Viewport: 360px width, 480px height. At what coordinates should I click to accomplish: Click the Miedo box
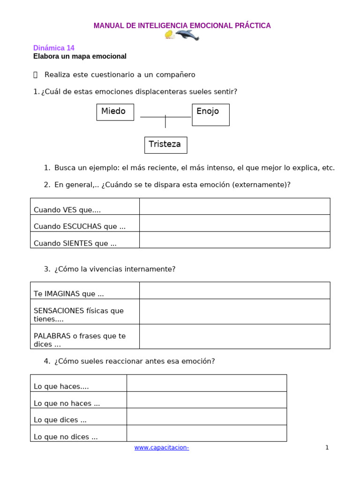click(x=115, y=112)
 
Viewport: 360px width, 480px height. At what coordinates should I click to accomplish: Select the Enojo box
click(x=210, y=114)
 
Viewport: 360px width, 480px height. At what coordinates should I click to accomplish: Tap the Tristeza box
click(x=165, y=145)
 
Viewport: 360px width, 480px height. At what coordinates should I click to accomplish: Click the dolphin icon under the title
click(x=187, y=35)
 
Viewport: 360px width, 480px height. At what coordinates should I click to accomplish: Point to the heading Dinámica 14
click(x=53, y=48)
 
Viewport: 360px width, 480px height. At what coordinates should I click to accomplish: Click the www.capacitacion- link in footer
click(x=161, y=448)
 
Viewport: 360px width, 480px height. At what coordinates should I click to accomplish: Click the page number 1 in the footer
click(x=327, y=448)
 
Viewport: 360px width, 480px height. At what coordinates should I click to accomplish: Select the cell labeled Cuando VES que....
click(x=67, y=210)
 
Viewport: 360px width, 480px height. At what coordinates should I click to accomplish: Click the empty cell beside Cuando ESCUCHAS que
click(x=234, y=223)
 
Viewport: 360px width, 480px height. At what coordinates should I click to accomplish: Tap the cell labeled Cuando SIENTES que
click(x=75, y=243)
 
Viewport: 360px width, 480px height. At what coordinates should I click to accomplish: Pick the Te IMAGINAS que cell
click(x=68, y=294)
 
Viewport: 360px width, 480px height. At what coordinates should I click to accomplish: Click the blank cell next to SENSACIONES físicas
click(x=234, y=312)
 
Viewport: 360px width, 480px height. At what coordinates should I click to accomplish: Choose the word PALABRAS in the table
click(x=51, y=336)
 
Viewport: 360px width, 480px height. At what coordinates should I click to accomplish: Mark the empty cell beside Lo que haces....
click(x=206, y=383)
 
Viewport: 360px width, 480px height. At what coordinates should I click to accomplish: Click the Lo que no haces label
click(x=67, y=403)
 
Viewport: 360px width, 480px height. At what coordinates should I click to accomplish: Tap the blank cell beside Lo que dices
click(x=206, y=416)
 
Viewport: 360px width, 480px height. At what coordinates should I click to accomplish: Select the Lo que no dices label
click(x=66, y=437)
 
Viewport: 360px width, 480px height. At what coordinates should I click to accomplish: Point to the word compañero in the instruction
click(x=172, y=75)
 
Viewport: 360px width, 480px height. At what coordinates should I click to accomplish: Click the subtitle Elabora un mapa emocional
click(x=80, y=56)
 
